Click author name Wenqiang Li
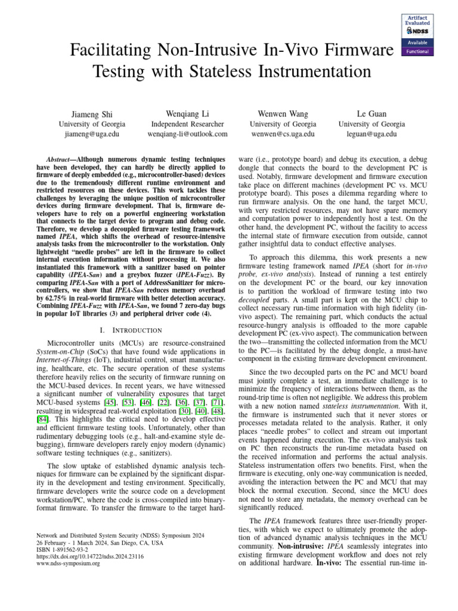[x=187, y=113]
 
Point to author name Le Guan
[x=371, y=113]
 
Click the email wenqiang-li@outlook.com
[x=187, y=134]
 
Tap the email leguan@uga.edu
[x=371, y=134]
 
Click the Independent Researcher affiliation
[x=187, y=124]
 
